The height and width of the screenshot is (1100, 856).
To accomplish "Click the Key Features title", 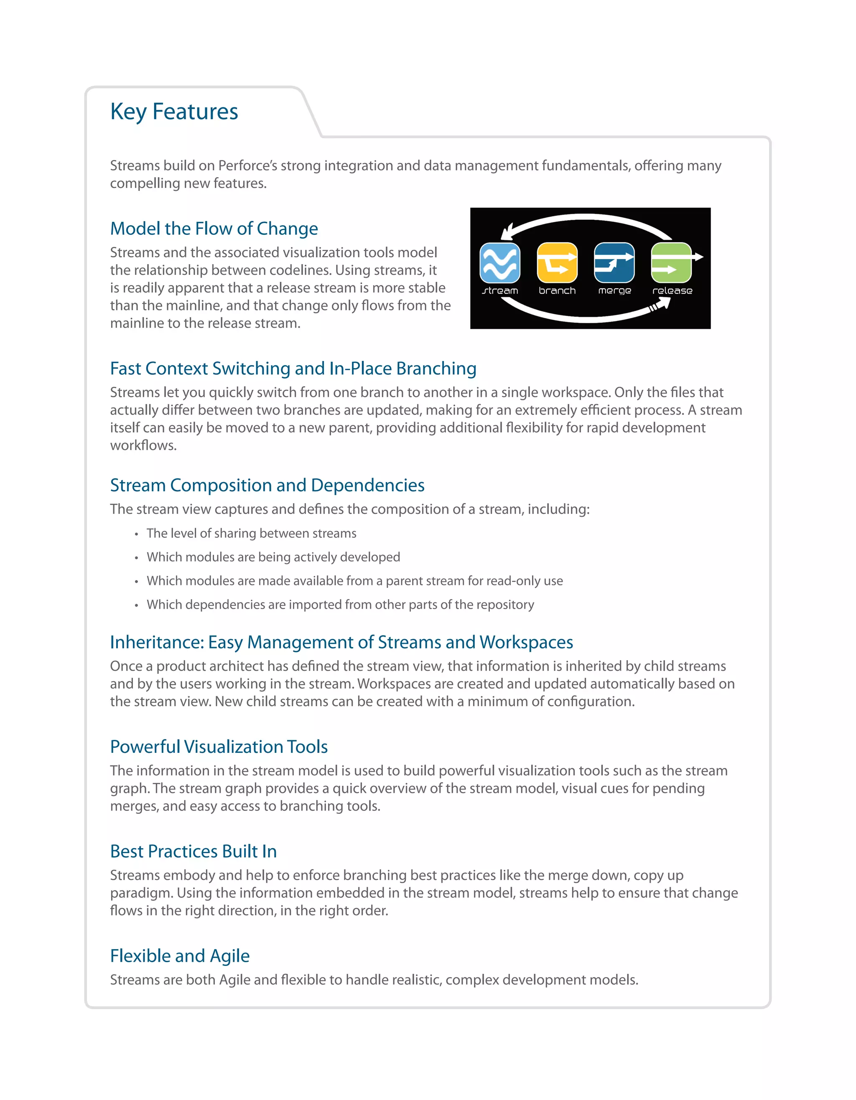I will (x=174, y=111).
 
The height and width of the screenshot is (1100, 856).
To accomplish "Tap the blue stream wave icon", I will (x=499, y=263).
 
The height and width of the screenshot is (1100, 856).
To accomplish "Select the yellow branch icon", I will (x=557, y=263).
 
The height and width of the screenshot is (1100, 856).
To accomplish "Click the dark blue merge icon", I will (x=614, y=263).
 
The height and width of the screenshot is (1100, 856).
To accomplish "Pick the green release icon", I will (x=672, y=263).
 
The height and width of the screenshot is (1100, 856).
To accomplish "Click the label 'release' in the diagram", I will (x=672, y=291).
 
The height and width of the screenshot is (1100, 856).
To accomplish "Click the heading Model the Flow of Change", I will (x=214, y=229).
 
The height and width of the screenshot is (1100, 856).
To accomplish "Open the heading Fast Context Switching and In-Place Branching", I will (x=293, y=368).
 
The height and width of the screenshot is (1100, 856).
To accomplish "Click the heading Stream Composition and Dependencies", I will (x=267, y=485).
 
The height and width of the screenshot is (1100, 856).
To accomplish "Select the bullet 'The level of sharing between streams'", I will (x=252, y=533).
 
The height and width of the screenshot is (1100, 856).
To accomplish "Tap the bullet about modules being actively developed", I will (x=273, y=557).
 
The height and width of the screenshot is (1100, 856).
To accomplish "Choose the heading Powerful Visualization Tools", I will (x=219, y=747).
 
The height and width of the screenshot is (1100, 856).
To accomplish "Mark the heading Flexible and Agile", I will (x=180, y=956).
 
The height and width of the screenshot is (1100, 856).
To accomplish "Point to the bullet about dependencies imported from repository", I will (x=340, y=605).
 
